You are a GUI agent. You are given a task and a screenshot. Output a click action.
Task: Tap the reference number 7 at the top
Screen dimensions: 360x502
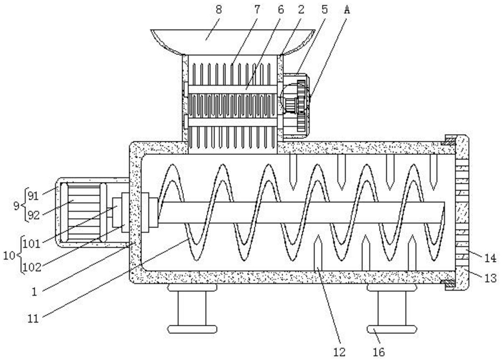coord(257,9)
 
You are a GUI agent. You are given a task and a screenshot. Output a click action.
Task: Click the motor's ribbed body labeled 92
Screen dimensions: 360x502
coord(81,212)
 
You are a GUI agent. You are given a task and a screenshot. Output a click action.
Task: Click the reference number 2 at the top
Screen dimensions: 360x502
coord(302,9)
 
